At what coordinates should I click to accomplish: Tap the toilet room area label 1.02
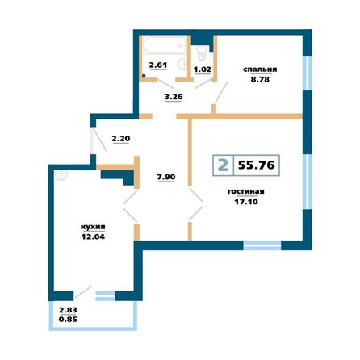click(202, 69)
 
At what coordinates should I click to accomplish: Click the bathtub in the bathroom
click(165, 44)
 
